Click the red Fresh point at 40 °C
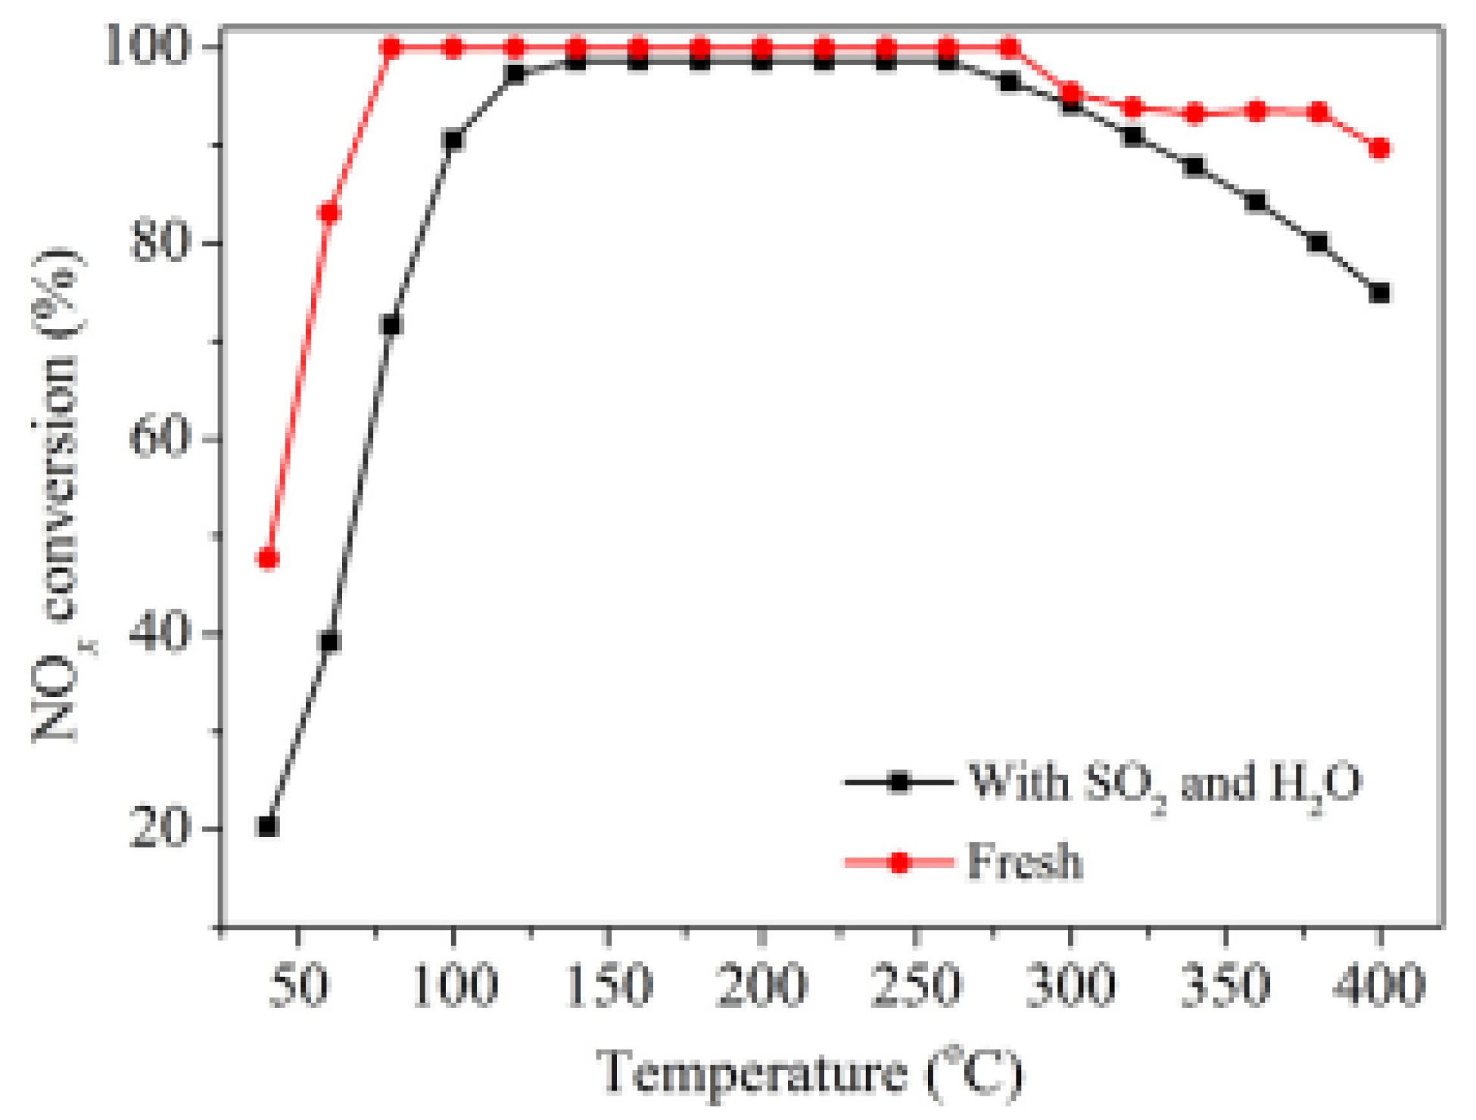[268, 559]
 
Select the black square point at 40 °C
[268, 826]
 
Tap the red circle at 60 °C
[329, 213]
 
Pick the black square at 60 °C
[329, 642]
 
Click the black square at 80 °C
[391, 325]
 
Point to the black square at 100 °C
[453, 141]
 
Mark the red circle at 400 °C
[1380, 148]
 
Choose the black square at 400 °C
[1380, 293]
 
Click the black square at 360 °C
[1256, 202]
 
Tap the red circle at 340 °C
[1194, 114]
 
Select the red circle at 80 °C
[391, 48]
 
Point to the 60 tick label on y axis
[157, 438]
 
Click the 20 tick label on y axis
[157, 828]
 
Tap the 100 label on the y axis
[145, 47]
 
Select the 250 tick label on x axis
[916, 985]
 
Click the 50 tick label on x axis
[298, 985]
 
